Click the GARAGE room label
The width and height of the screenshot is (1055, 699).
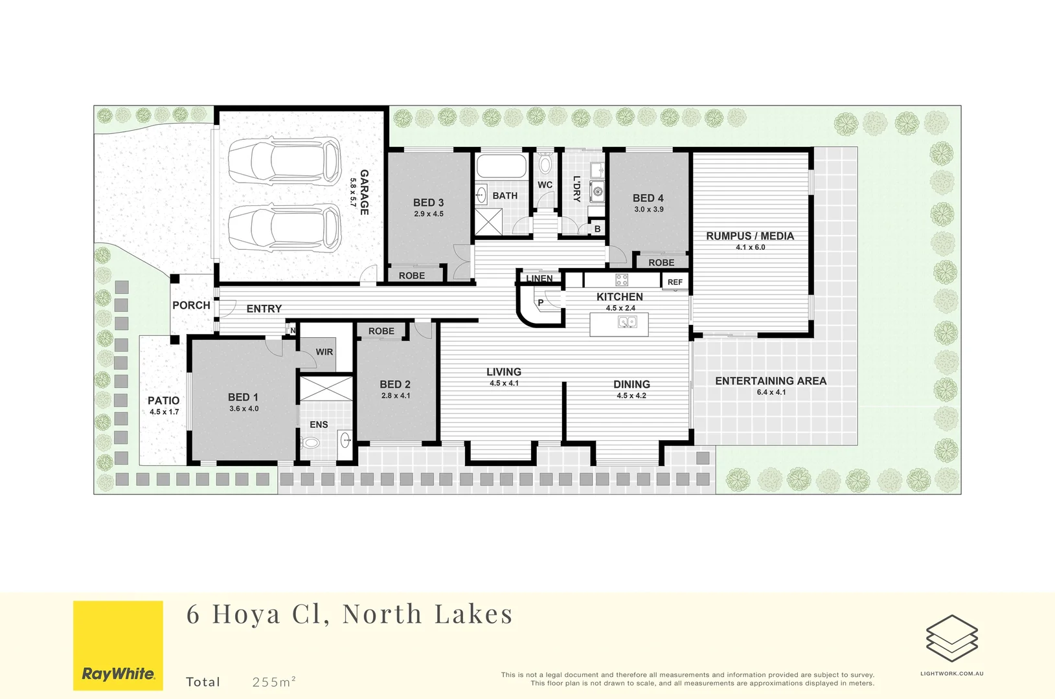364,192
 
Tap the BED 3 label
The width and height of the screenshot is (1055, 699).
428,203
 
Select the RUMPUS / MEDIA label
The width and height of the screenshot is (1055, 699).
750,236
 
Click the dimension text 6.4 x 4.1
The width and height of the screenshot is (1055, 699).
771,392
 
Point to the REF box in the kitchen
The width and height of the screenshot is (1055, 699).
675,282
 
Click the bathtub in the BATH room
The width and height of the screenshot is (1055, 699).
502,166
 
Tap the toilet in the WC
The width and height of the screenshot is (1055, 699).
545,164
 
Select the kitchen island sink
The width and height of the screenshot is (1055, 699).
627,322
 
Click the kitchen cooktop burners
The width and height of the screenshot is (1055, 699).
622,280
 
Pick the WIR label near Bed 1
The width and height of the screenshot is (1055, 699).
324,352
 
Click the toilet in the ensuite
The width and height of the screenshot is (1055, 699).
311,443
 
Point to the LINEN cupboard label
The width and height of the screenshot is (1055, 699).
539,279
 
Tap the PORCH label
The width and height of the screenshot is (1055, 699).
191,305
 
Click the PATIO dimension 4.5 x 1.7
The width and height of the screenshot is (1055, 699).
164,412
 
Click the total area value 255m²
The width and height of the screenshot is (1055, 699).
274,682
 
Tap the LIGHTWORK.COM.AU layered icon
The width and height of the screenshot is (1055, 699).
951,638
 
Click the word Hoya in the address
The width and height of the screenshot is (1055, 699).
247,614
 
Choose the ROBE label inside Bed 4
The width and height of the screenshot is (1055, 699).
661,263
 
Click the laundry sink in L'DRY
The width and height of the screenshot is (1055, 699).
596,191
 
